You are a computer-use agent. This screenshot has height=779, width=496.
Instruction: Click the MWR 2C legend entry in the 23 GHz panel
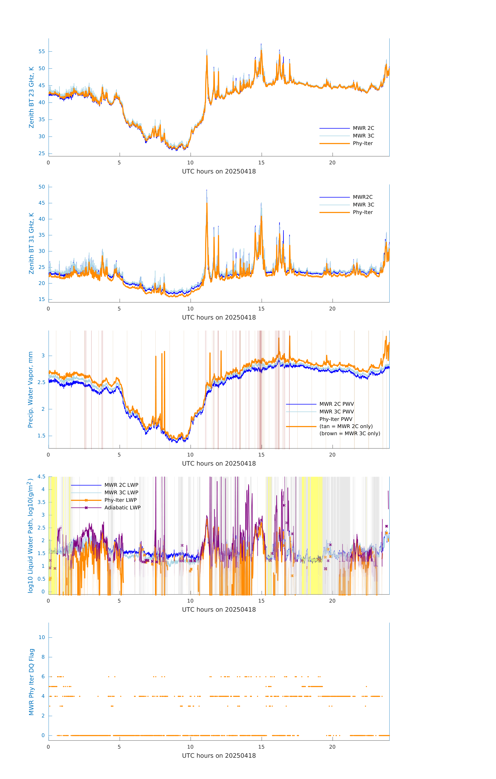click(x=363, y=128)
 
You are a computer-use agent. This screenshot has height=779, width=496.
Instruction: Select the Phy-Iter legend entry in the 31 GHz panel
click(x=363, y=212)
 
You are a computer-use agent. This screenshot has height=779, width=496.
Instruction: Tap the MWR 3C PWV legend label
click(x=336, y=411)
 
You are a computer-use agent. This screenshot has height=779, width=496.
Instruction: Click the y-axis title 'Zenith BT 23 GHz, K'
click(x=31, y=97)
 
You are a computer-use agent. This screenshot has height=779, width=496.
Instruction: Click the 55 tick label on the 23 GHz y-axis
click(x=42, y=51)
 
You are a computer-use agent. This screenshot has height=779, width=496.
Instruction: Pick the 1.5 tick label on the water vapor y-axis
click(x=41, y=436)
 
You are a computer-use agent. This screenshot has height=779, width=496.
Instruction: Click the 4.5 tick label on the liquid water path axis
click(x=41, y=476)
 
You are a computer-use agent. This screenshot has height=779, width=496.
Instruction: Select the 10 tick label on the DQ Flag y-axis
click(x=42, y=637)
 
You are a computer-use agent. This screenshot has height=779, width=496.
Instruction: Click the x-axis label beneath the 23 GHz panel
click(x=219, y=172)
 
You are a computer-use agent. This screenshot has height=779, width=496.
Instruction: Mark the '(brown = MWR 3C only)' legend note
click(x=350, y=434)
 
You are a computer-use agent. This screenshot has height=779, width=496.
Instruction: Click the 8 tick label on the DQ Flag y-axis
click(x=43, y=657)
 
